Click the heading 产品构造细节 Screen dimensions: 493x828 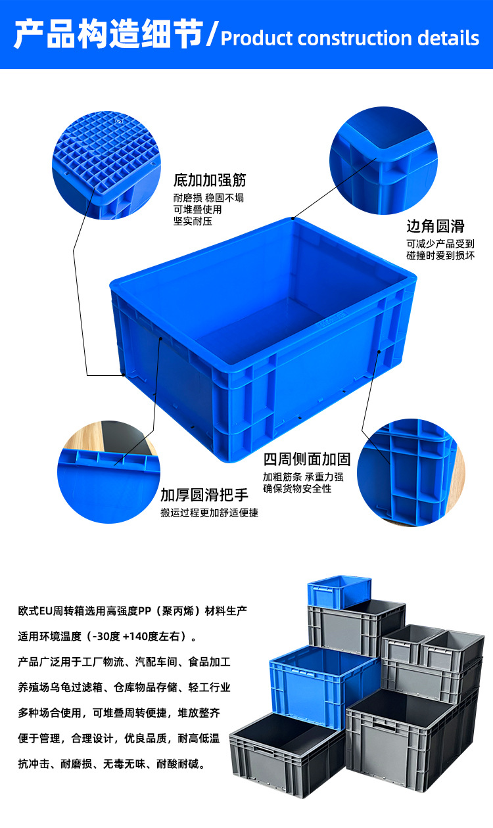(108, 34)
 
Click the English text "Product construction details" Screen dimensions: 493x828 (350, 38)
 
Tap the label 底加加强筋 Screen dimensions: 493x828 (210, 180)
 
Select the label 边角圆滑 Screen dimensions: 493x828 (435, 227)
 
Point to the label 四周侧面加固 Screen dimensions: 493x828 (307, 459)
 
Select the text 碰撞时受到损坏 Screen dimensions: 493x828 (440, 256)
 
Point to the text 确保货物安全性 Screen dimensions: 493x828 (297, 488)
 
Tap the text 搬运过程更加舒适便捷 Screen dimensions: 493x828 (209, 513)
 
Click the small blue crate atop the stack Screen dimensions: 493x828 (339, 590)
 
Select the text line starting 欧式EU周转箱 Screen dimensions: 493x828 (132, 611)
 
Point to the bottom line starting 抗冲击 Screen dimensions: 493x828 (112, 764)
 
